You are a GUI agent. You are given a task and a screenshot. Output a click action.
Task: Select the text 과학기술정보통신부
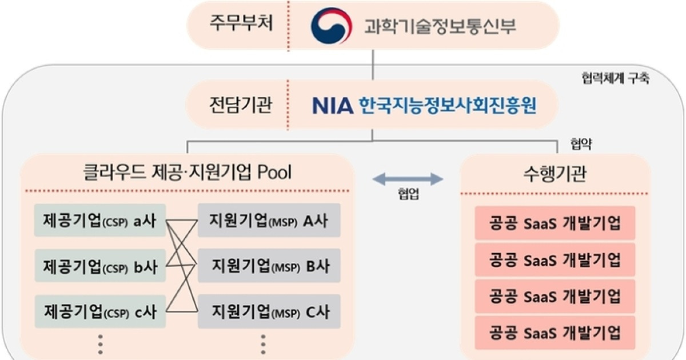coord(440,26)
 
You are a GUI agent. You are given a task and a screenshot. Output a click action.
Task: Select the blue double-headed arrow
coord(408,179)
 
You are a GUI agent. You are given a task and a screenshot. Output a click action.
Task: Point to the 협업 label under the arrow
coord(408,195)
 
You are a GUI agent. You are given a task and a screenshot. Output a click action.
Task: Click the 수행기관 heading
coord(555,173)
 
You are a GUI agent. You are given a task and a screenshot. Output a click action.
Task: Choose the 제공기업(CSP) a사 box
coord(100,221)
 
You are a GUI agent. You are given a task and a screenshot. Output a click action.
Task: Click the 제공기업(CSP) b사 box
coord(100,266)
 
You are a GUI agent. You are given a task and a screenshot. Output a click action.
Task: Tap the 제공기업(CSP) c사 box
coord(100,311)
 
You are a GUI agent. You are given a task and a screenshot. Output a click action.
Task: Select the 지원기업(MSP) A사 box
coord(269,221)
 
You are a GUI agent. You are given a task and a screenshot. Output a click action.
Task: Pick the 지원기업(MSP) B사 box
coord(269,266)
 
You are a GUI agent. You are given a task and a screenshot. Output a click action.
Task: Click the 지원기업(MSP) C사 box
coord(269,311)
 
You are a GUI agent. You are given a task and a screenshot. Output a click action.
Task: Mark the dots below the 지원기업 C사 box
coord(263,345)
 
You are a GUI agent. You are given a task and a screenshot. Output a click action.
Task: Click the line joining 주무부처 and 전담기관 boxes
coord(373,64)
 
